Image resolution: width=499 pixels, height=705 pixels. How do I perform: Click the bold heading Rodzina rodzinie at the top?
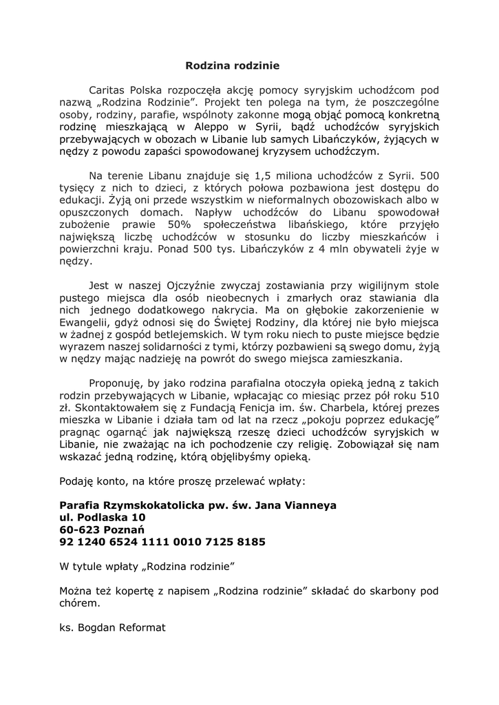[x=233, y=67]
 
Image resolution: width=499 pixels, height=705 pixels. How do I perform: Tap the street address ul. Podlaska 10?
[x=103, y=517]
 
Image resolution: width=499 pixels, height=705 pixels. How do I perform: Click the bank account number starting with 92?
[x=162, y=542]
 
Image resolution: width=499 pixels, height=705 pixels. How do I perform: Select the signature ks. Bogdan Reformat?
[x=113, y=628]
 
